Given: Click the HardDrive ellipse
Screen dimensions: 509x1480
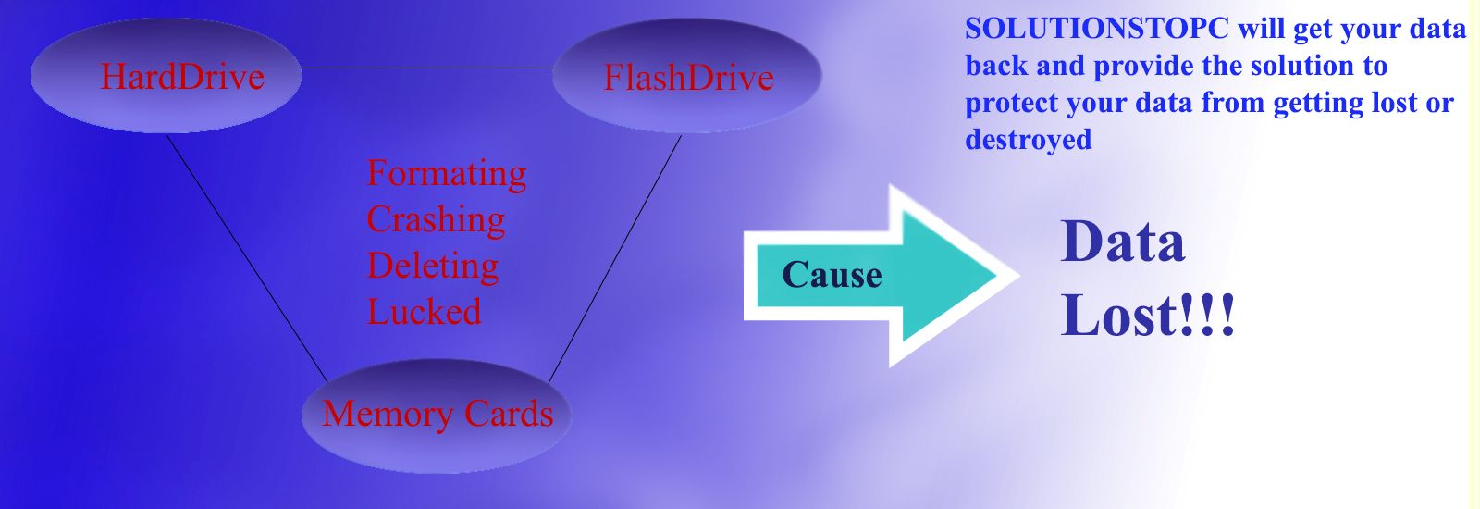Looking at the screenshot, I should (166, 76).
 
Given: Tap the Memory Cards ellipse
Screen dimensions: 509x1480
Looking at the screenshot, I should (437, 415).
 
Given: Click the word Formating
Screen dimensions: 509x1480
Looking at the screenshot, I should (447, 173).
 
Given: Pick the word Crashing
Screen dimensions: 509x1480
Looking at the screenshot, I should (436, 219).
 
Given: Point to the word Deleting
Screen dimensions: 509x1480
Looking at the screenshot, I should (433, 266).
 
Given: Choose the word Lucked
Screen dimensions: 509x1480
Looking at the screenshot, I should (425, 312).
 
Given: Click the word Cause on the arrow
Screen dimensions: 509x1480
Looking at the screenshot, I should (832, 275).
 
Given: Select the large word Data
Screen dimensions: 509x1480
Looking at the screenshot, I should (1122, 242).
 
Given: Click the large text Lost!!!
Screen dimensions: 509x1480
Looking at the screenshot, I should (1147, 316).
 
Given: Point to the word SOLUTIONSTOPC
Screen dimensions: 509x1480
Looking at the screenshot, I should (1096, 30).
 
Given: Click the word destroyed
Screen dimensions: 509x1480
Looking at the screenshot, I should (1028, 140).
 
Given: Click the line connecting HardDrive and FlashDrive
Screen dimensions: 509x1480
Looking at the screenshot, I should (427, 68).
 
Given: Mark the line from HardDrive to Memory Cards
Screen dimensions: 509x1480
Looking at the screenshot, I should (247, 258).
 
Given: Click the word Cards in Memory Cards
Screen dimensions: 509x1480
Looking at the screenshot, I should (509, 415).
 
